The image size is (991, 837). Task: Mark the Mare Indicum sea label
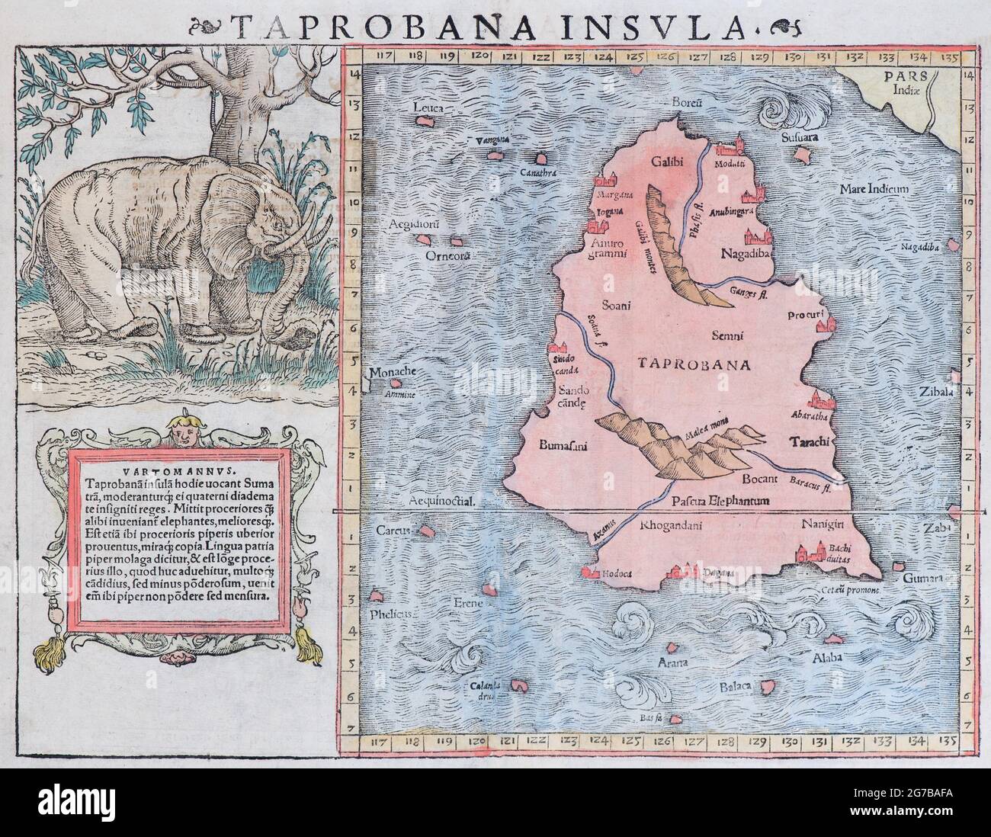pos(872,188)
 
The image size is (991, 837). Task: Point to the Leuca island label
pos(428,108)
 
